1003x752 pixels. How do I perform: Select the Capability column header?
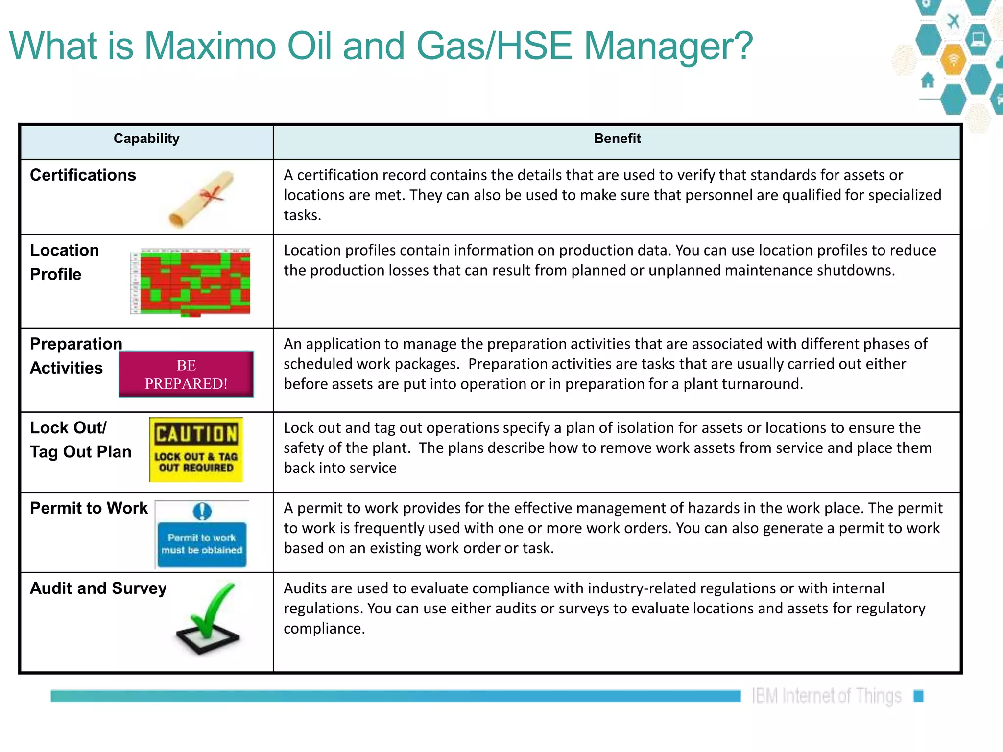coord(146,139)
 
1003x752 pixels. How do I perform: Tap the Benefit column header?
coord(617,139)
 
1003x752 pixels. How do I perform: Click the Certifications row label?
coord(83,175)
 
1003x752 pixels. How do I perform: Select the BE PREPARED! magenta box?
coord(186,374)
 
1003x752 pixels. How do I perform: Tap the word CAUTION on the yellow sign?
coord(196,434)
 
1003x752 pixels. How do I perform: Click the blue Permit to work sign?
coord(202,543)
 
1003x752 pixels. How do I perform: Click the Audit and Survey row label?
coord(98,588)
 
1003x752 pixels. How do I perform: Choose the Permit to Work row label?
coord(89,508)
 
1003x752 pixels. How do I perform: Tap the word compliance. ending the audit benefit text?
coord(324,628)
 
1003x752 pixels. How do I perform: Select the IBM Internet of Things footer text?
coord(827,696)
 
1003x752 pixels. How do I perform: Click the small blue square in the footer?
coord(918,696)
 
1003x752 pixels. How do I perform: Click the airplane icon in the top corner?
coord(953,21)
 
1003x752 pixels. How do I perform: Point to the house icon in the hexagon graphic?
coord(928,80)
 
